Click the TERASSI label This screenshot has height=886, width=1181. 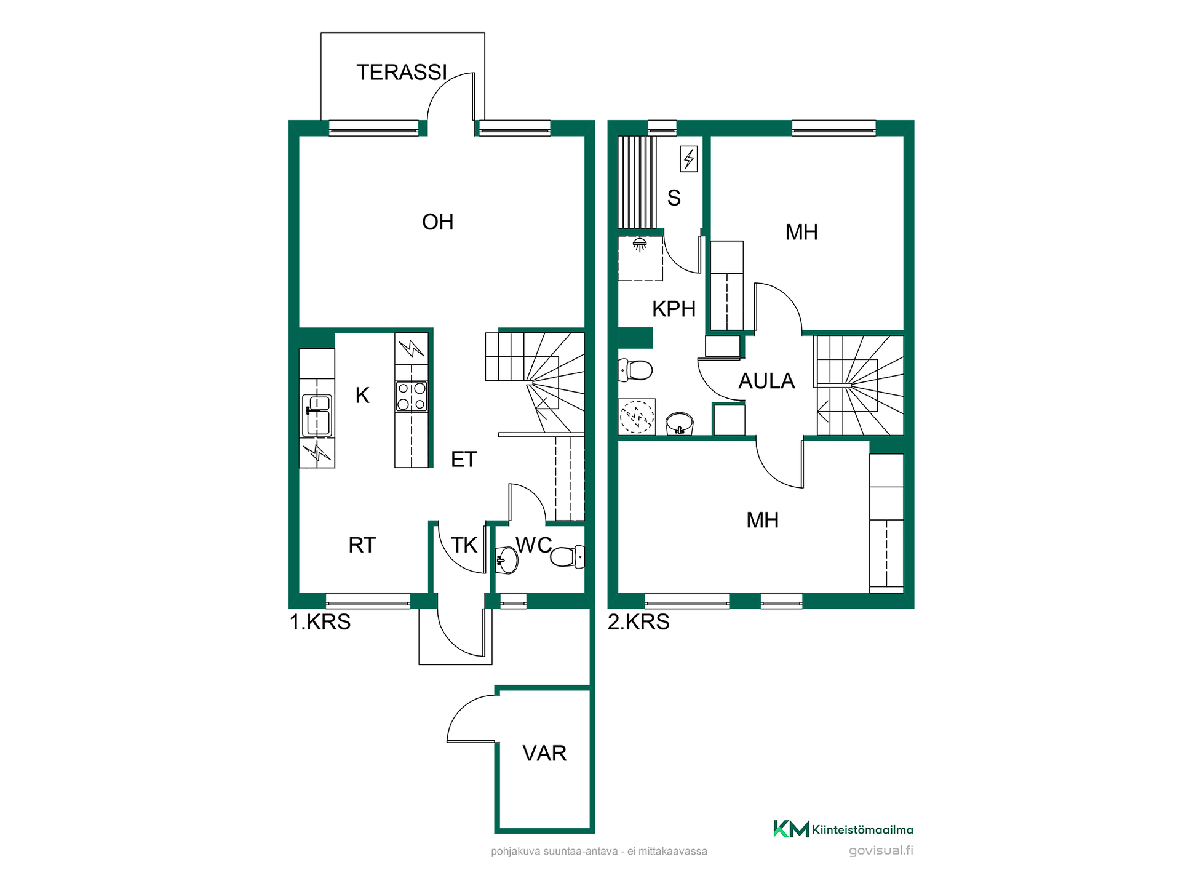(402, 73)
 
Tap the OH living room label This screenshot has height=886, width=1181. (437, 222)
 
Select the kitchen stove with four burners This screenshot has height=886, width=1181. (412, 396)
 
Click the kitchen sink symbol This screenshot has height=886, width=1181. (317, 415)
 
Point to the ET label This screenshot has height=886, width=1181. (464, 460)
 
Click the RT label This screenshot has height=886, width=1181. (362, 545)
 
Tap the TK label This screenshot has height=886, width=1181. (464, 545)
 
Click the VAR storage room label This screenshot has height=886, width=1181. (544, 753)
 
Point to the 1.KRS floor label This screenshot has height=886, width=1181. (320, 622)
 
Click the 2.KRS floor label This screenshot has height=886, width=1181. (638, 622)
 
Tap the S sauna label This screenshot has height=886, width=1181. (674, 198)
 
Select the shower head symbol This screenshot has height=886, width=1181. (640, 244)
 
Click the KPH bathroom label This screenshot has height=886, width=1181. (674, 309)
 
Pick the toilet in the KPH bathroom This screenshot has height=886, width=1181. (635, 370)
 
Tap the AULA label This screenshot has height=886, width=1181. (766, 381)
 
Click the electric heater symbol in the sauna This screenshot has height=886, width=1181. (689, 159)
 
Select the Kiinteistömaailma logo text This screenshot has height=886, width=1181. (862, 830)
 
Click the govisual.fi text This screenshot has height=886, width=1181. (881, 851)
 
